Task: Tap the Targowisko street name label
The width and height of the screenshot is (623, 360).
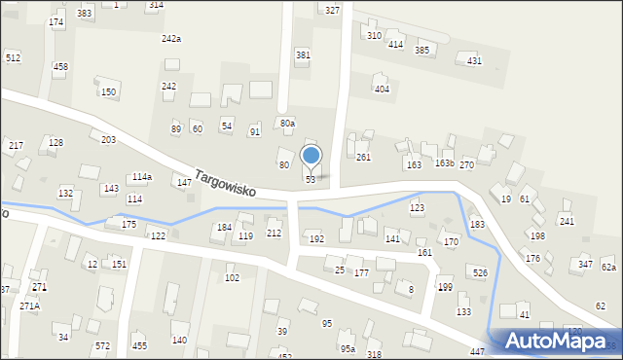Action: point(225,184)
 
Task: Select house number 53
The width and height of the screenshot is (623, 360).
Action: point(311,180)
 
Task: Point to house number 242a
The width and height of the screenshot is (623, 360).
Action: point(171,38)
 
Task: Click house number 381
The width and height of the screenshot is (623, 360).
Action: point(303,55)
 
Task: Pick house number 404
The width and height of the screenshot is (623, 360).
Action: point(382,89)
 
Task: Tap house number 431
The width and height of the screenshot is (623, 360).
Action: point(474,61)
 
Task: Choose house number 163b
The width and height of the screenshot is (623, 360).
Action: point(444,163)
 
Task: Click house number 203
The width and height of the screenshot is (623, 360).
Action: point(108,140)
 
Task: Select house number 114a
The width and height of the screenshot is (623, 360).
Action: point(142,177)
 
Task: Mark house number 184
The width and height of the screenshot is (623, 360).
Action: point(224,227)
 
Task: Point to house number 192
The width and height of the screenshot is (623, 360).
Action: point(315,238)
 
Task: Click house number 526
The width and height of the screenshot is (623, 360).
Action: point(480,272)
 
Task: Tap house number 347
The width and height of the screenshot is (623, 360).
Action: point(585,265)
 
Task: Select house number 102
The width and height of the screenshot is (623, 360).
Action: point(232,278)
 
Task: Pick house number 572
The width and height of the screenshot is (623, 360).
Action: point(102,345)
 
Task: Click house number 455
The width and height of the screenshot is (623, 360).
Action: point(139,345)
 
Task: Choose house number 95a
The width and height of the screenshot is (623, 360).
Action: point(348,348)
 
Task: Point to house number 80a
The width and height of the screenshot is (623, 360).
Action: point(287,124)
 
